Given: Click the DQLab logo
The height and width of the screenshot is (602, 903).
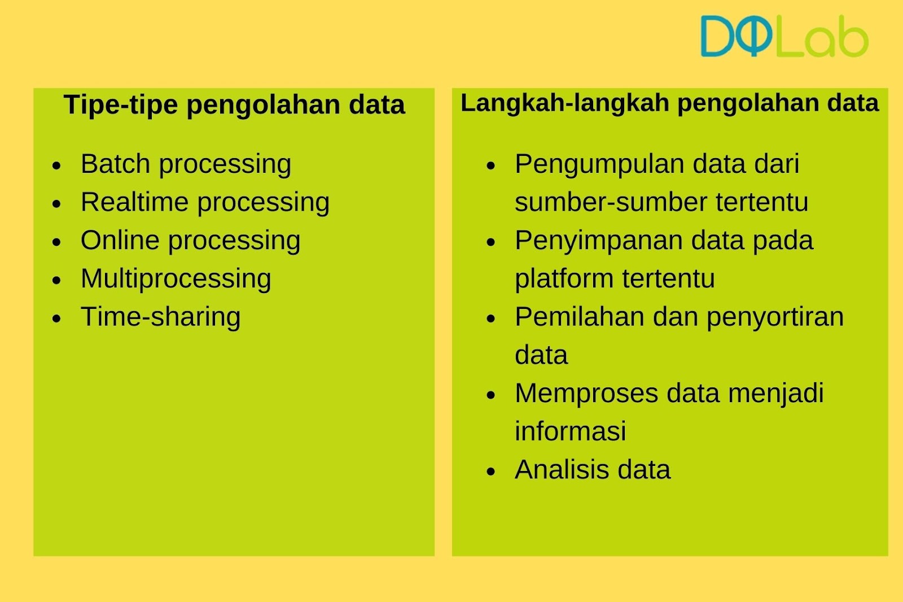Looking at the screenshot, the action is [x=784, y=36].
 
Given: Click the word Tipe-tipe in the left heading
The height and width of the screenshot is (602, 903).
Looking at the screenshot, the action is [x=121, y=105].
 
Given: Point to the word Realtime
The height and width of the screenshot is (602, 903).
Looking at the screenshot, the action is [x=135, y=202].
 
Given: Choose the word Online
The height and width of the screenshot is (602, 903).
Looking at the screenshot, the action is [x=120, y=240].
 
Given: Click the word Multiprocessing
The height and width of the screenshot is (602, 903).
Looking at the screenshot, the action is [x=176, y=279].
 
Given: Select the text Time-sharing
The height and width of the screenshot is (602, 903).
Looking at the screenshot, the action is [x=160, y=317].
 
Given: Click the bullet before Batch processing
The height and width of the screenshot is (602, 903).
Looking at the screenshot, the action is [x=56, y=165].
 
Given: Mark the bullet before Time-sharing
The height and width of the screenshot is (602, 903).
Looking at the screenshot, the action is [x=56, y=319].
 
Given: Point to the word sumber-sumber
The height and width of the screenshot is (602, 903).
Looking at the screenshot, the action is [x=611, y=202].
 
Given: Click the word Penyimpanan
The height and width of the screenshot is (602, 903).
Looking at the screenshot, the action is [x=599, y=241].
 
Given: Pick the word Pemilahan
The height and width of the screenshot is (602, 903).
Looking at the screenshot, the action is [x=579, y=317].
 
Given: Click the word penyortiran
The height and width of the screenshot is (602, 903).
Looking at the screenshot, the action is [x=775, y=317].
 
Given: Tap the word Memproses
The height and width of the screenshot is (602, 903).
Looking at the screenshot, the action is [x=586, y=394].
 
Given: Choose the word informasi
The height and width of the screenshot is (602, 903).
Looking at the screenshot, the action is [x=571, y=431].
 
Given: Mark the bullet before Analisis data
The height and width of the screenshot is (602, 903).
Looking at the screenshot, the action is [x=490, y=472].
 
